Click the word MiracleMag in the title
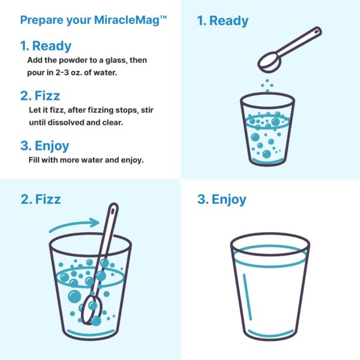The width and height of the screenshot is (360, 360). pyautogui.click(x=127, y=20)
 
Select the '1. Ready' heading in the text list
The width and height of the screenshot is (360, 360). pyautogui.click(x=46, y=46)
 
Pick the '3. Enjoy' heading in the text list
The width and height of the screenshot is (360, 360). pyautogui.click(x=44, y=146)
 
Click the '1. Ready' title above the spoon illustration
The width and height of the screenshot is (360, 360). pyautogui.click(x=223, y=22)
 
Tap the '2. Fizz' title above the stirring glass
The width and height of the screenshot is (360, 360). pyautogui.click(x=40, y=199)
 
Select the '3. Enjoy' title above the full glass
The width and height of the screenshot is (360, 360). pyautogui.click(x=221, y=199)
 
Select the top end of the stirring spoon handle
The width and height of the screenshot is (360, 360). pyautogui.click(x=112, y=208)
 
